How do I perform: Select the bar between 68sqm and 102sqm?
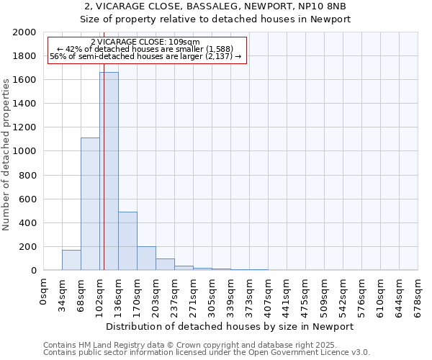pyautogui.click(x=90, y=204)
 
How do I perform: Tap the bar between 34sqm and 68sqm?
pyautogui.click(x=71, y=260)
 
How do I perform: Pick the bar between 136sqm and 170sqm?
pyautogui.click(x=127, y=240)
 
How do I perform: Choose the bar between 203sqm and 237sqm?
pyautogui.click(x=165, y=264)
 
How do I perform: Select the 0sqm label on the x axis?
pyautogui.click(x=43, y=291)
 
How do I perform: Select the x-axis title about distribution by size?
pyautogui.click(x=230, y=326)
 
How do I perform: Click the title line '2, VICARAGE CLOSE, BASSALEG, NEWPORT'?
pyautogui.click(x=215, y=6)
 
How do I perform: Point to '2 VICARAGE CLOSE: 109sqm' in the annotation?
pyautogui.click(x=145, y=42)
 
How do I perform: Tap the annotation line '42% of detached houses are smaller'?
pyautogui.click(x=145, y=49)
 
